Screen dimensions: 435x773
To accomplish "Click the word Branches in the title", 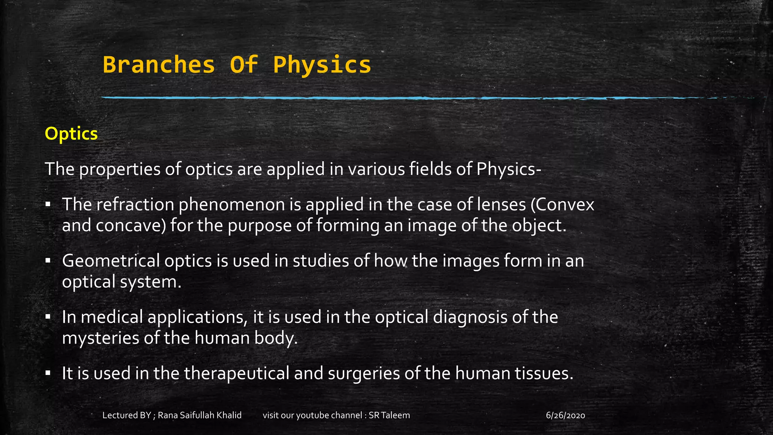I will (159, 65).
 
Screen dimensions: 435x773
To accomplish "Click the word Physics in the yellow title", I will (322, 65).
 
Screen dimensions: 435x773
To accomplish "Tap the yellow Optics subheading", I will (71, 134).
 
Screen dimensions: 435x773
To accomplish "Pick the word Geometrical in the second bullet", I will (111, 261).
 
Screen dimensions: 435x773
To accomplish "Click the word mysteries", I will (100, 338).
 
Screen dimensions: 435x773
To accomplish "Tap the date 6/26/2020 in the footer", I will (565, 415).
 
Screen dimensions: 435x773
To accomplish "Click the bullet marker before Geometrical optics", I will (48, 261).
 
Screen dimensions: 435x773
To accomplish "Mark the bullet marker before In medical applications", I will (48, 316).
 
